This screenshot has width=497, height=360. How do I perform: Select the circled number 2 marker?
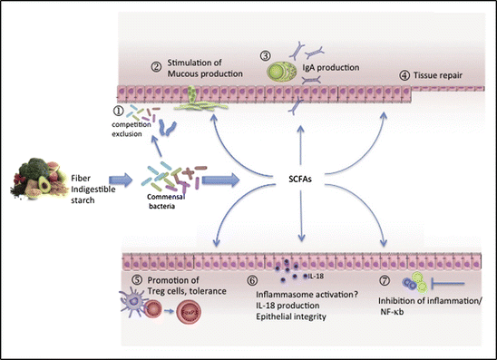click(x=156, y=65)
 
